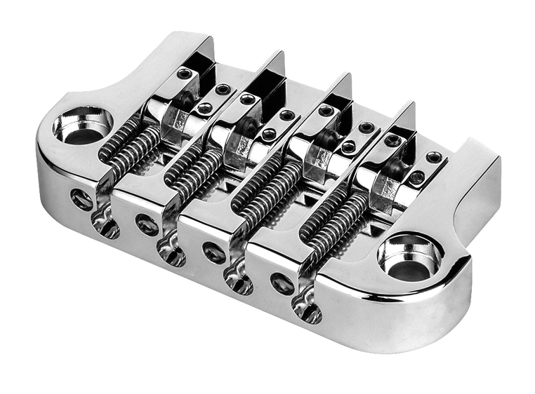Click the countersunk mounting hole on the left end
tap(80, 126)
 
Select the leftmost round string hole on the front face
tap(81, 200)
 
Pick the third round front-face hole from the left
tap(214, 252)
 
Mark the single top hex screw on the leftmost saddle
tap(185, 74)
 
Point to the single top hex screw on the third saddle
tap(325, 111)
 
